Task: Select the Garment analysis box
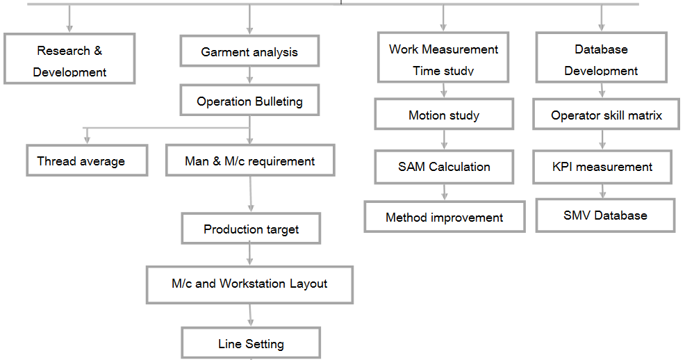[x=249, y=52]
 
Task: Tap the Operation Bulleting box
[x=249, y=101]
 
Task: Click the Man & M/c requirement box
[x=250, y=161]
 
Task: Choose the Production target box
[x=251, y=229]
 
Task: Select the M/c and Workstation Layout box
[x=249, y=284]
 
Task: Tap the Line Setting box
[x=251, y=343]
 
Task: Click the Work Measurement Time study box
[x=443, y=58]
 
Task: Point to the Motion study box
[x=444, y=115]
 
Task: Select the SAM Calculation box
[x=444, y=167]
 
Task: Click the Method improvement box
[x=444, y=217]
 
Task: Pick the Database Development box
[x=602, y=59]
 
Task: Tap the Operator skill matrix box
[x=606, y=115]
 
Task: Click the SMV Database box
[x=605, y=215]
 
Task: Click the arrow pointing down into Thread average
[x=87, y=136]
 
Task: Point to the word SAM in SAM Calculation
[x=411, y=167]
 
